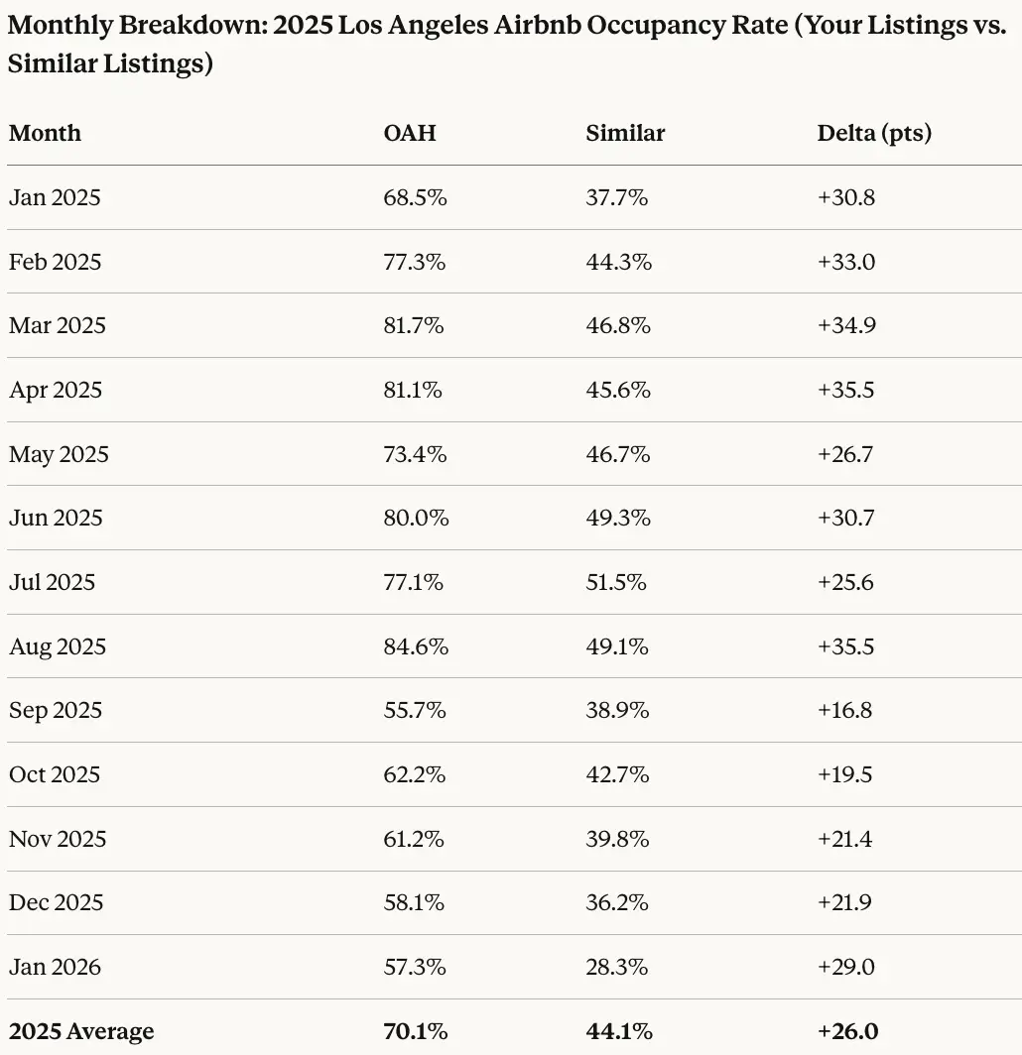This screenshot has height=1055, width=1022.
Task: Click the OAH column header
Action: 409,133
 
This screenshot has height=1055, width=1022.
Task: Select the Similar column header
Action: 625,133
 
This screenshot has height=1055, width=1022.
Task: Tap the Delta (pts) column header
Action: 874,133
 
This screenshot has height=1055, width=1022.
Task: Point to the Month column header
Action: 45,133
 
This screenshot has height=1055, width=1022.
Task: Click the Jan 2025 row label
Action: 55,197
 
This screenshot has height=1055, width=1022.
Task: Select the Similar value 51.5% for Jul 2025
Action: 616,582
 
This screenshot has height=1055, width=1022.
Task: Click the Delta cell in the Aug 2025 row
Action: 845,646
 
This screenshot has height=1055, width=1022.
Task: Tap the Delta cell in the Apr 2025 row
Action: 845,390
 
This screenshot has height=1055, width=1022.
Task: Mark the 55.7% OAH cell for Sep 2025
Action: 415,710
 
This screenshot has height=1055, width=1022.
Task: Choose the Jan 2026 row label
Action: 55,967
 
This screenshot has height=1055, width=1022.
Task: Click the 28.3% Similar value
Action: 617,967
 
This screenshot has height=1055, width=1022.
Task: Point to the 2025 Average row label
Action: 81,1031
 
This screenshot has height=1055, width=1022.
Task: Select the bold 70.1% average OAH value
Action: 414,1031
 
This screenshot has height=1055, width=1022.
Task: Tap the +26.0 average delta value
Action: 847,1031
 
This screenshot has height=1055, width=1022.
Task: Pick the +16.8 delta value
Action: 844,710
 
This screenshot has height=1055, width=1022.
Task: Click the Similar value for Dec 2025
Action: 617,902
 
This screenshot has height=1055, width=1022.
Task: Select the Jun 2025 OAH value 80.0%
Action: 416,518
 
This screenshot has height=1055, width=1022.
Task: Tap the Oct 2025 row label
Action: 55,774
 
